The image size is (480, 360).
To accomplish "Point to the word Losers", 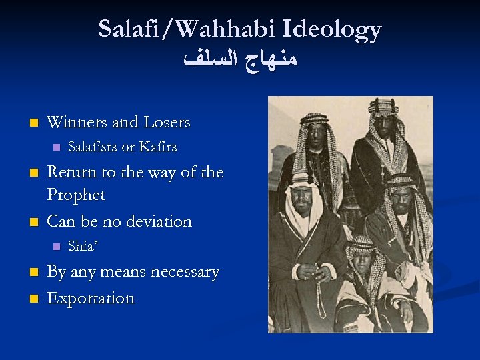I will [x=166, y=123].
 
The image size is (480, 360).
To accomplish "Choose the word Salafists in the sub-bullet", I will [x=93, y=147].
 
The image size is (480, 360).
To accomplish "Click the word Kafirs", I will [x=157, y=147].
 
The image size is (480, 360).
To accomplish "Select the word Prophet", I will [x=76, y=195].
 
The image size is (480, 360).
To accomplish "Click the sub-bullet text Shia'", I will [x=83, y=246].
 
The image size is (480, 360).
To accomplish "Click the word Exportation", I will [x=91, y=298].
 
